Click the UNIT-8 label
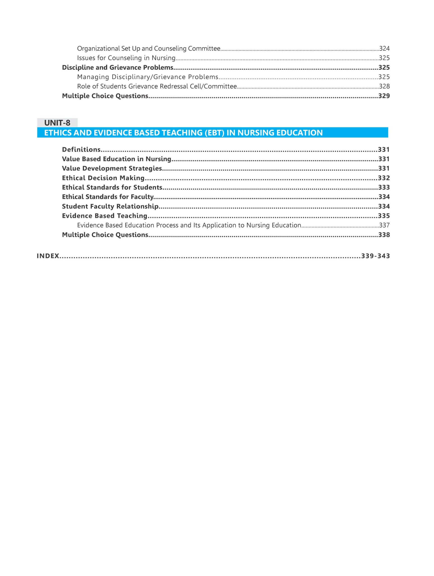tap(57, 123)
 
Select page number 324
tap(384, 48)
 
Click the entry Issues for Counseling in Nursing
tap(126, 58)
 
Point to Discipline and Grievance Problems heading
tap(118, 67)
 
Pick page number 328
tap(384, 86)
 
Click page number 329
tap(384, 96)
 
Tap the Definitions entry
tap(81, 149)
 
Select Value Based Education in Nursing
tap(116, 159)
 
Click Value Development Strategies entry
tap(112, 169)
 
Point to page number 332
tap(384, 178)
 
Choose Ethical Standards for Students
tap(112, 187)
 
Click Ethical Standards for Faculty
tap(108, 197)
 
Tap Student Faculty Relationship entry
tap(110, 206)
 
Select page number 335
tap(384, 216)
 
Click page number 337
tap(384, 225)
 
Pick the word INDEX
tap(48, 256)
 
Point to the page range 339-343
tap(375, 256)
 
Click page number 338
tap(384, 235)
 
